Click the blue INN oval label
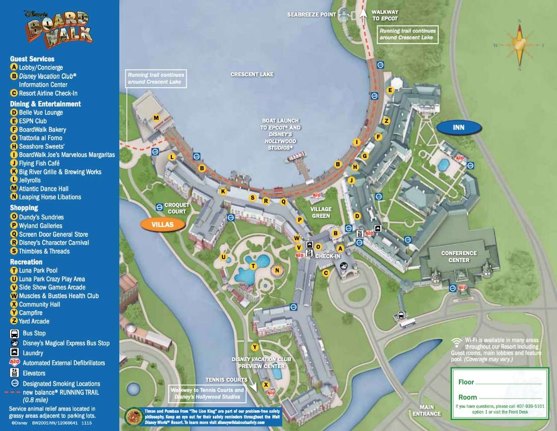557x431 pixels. pyautogui.click(x=458, y=127)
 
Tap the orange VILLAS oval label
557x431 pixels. pyautogui.click(x=163, y=224)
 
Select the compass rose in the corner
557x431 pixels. pyautogui.click(x=519, y=45)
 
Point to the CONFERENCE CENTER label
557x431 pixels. pyautogui.click(x=458, y=257)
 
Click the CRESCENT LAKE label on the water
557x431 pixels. pyautogui.click(x=252, y=74)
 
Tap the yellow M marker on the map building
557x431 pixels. pyautogui.click(x=156, y=118)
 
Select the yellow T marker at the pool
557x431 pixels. pyautogui.click(x=253, y=266)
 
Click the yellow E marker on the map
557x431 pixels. pyautogui.click(x=390, y=90)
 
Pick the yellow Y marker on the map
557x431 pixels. pyautogui.click(x=255, y=347)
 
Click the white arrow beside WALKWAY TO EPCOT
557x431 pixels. pyautogui.click(x=363, y=14)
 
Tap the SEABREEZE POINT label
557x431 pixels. pyautogui.click(x=311, y=15)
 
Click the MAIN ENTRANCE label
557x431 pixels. pyautogui.click(x=426, y=411)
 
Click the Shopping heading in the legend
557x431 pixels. pyautogui.click(x=24, y=208)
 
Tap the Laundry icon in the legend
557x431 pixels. pyautogui.click(x=14, y=353)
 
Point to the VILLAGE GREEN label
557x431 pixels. pyautogui.click(x=321, y=213)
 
